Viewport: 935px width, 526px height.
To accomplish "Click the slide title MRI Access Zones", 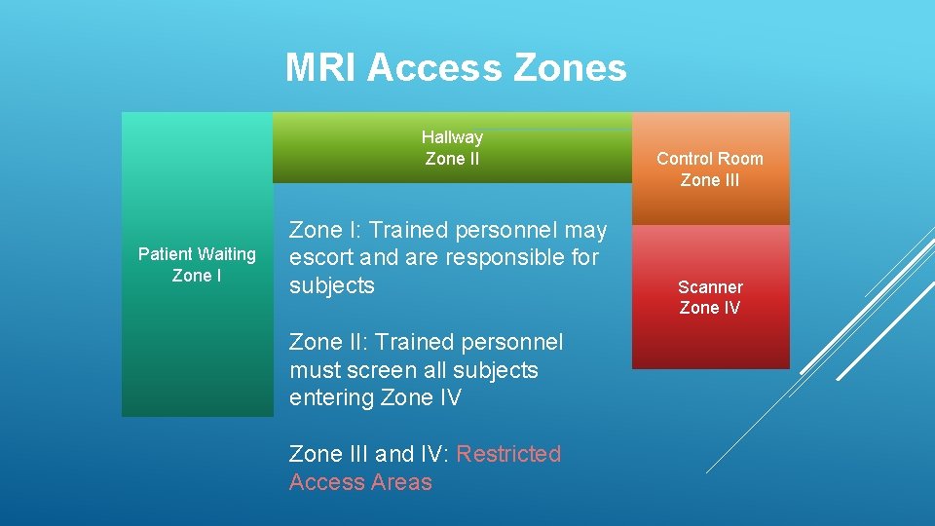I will (x=456, y=67).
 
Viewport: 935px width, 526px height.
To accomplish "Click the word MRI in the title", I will (x=322, y=67).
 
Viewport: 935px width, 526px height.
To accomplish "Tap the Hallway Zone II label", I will (x=452, y=148).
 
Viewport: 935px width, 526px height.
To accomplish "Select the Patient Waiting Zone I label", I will (x=197, y=265).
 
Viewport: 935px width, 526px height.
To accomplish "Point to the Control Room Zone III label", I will (x=709, y=169).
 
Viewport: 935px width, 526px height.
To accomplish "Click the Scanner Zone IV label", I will (x=709, y=297).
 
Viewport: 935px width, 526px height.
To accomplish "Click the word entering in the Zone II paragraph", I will (x=336, y=397).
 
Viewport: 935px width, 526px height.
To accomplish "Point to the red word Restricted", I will (x=508, y=454).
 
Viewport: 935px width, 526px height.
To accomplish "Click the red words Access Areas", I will (x=360, y=482).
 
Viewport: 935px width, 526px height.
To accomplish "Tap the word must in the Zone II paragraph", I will (x=315, y=370).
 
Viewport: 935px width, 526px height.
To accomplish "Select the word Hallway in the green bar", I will (x=452, y=137).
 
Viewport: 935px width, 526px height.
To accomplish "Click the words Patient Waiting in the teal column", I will (x=197, y=254).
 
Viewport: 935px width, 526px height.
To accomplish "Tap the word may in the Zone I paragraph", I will (x=586, y=230).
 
